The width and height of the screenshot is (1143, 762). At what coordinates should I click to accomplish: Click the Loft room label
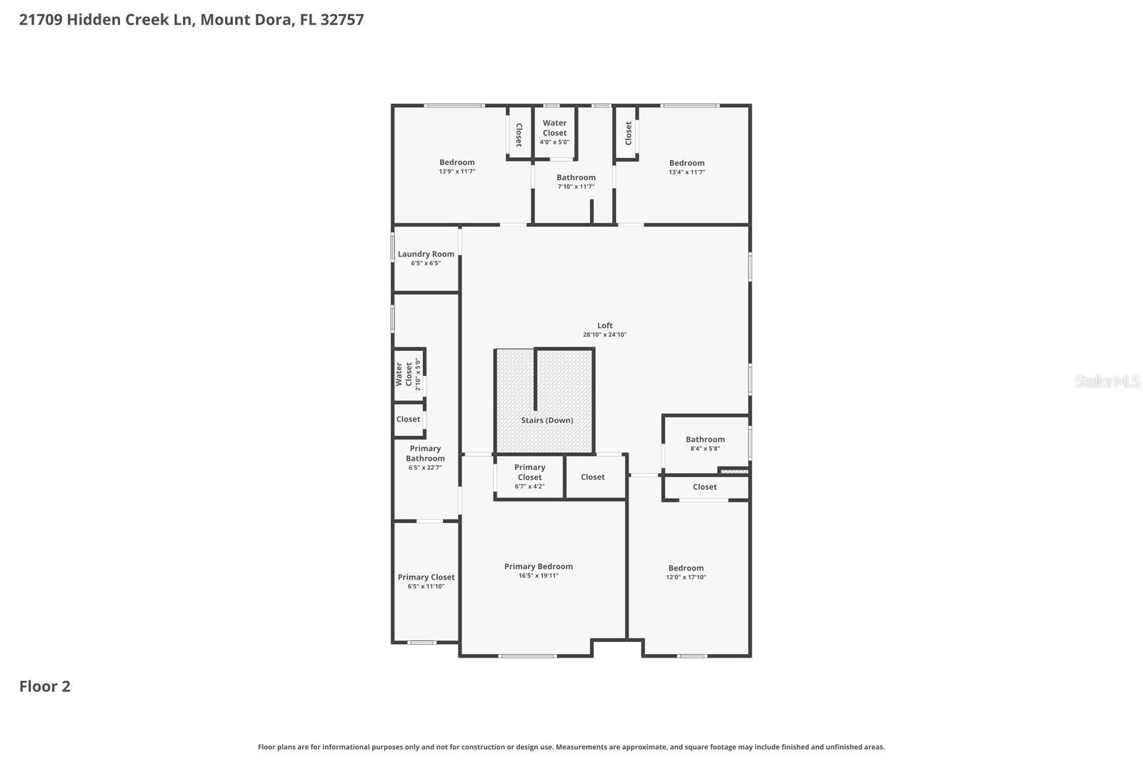(605, 325)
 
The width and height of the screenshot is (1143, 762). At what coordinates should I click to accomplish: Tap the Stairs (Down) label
(547, 420)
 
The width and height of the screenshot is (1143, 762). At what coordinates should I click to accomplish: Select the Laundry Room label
(426, 254)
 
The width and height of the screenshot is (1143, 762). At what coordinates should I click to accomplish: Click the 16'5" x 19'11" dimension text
(539, 575)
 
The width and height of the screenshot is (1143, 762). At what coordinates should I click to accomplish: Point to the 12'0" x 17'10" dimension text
(686, 578)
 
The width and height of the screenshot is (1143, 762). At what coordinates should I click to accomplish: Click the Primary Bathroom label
(425, 453)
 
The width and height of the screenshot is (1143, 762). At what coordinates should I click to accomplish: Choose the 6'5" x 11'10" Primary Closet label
(426, 577)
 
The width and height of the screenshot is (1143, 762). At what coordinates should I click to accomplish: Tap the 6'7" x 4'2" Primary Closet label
(529, 472)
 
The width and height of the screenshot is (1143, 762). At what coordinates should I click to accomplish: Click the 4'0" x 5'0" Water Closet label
(554, 128)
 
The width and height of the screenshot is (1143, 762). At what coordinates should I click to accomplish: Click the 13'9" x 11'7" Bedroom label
(456, 162)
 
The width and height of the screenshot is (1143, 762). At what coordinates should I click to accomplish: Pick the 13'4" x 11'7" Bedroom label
(687, 163)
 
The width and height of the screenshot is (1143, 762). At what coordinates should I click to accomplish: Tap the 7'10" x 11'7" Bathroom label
(576, 177)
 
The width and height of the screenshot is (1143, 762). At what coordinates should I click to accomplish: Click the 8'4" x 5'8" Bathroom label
(705, 440)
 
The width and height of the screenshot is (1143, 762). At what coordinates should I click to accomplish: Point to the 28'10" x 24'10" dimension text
(605, 335)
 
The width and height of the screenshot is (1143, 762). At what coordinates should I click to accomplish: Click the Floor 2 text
(44, 686)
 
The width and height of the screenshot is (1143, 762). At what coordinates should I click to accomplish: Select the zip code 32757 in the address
(342, 19)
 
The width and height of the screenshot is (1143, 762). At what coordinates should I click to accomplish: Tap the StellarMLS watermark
(1107, 381)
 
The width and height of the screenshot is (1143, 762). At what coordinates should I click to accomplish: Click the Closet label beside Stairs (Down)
(592, 477)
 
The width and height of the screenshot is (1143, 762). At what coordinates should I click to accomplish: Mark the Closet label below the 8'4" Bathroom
(704, 487)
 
